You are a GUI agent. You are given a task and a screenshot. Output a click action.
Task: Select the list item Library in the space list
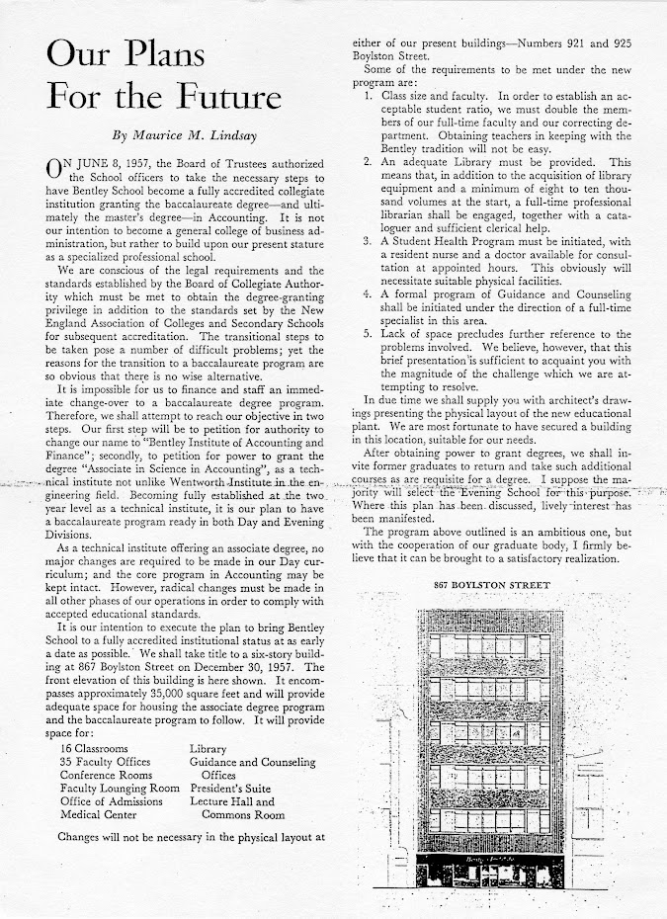210,748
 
